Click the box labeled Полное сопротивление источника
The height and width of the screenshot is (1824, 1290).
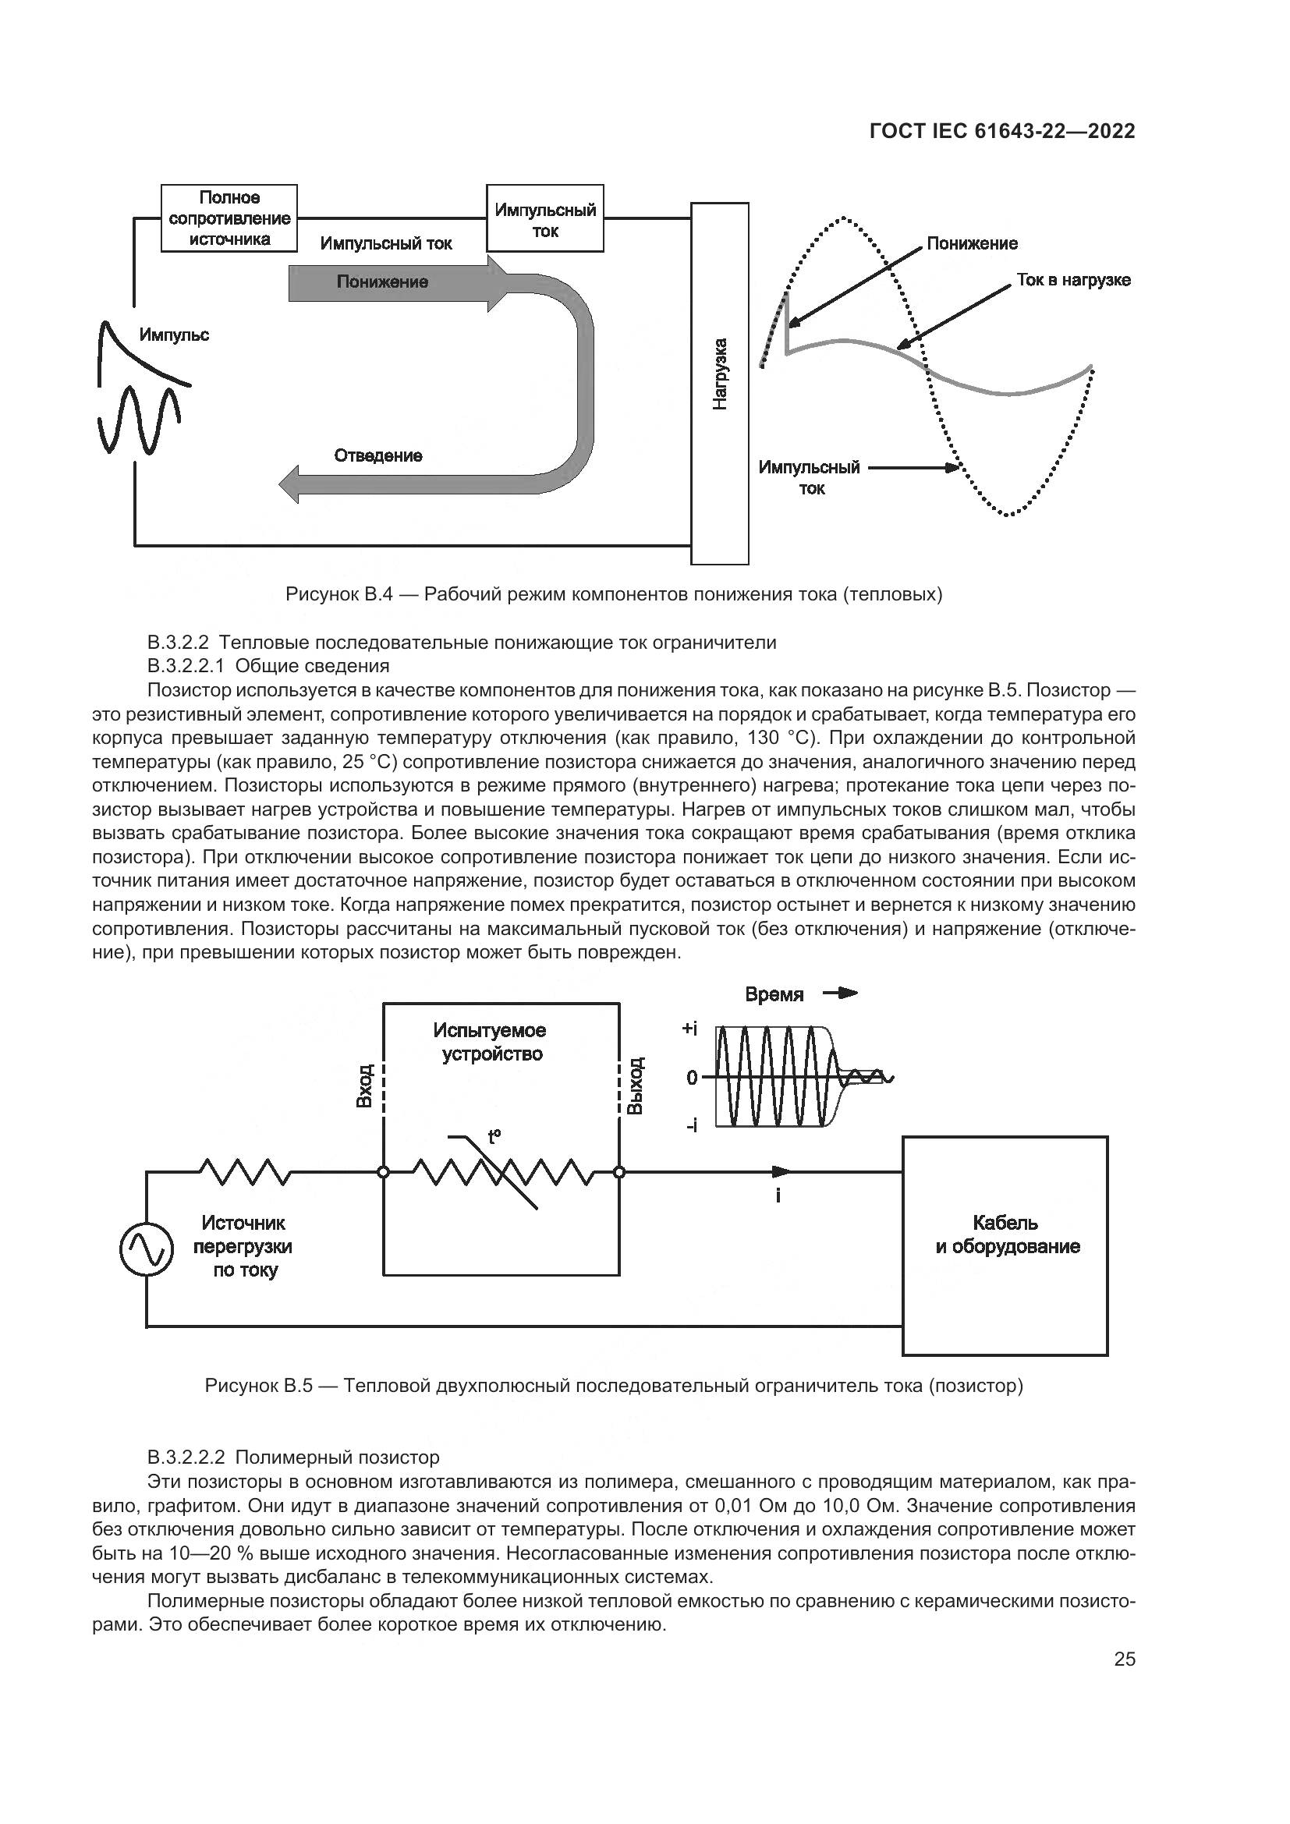[x=229, y=218]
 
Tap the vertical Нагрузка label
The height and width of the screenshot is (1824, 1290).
[x=720, y=374]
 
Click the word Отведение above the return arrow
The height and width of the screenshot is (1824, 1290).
[x=378, y=456]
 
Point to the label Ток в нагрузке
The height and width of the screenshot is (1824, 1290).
[x=1073, y=281]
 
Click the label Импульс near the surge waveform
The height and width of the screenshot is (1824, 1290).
[x=174, y=335]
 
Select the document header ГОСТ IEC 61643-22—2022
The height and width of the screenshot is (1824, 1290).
[x=1002, y=132]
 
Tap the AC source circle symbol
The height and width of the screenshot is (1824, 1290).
[x=146, y=1250]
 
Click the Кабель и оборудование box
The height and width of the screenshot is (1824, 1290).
[x=1005, y=1235]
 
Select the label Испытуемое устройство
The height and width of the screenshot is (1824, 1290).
[x=490, y=1043]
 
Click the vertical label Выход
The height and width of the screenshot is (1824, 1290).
[x=636, y=1086]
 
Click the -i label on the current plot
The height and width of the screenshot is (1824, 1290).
[x=691, y=1125]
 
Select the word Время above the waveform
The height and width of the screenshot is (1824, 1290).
[x=774, y=994]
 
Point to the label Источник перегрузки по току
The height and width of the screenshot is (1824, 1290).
[x=243, y=1246]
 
